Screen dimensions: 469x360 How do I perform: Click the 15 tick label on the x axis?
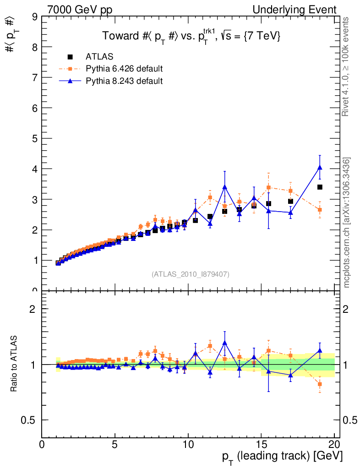click(x=261, y=445)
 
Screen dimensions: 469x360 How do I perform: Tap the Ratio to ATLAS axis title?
click(x=14, y=364)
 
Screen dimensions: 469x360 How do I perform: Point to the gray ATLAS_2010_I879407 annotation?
click(x=191, y=274)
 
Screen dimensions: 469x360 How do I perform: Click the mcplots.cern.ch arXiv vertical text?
click(x=347, y=223)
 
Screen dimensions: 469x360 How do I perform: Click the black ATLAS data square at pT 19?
click(x=320, y=187)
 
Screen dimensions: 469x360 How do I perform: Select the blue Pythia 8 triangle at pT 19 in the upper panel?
click(x=320, y=168)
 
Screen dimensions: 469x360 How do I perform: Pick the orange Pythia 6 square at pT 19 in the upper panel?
click(x=320, y=210)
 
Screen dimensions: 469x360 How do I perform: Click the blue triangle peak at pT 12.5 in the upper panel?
click(x=224, y=187)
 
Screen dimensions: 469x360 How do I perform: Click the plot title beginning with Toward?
click(x=191, y=36)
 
